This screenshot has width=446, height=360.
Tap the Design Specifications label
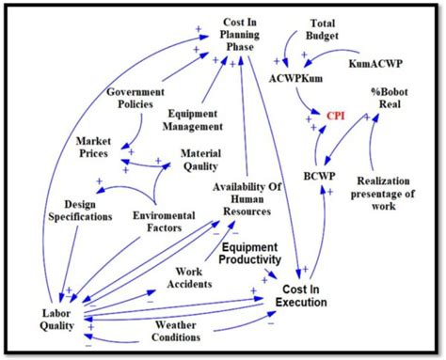(x=75, y=211)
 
